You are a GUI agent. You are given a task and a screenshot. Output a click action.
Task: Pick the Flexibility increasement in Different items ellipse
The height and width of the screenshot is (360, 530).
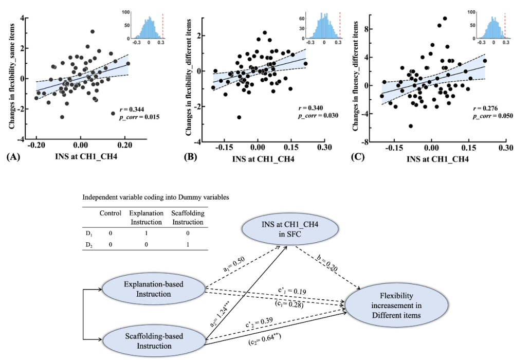(x=393, y=305)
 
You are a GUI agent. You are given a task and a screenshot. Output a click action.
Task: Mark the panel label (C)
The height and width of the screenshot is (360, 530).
(x=358, y=158)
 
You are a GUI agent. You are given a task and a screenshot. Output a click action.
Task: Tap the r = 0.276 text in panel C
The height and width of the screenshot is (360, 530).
(x=484, y=110)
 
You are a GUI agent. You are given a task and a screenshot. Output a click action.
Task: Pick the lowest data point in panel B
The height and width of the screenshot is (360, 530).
(x=239, y=117)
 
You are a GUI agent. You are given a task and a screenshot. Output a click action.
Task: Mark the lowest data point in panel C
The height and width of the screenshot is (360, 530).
(x=411, y=125)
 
